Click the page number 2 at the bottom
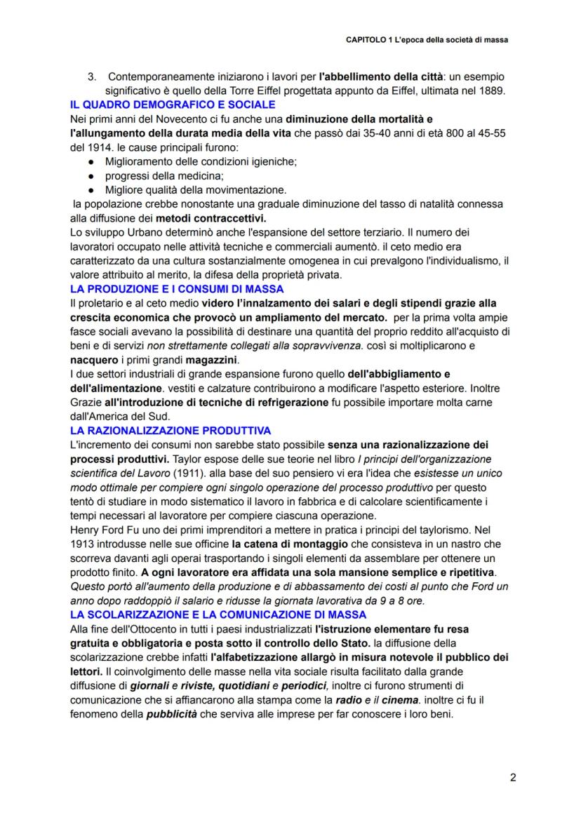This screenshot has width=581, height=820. click(513, 777)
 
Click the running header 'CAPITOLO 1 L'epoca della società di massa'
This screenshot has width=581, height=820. click(427, 41)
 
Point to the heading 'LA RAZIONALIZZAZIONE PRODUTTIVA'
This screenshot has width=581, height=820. click(171, 430)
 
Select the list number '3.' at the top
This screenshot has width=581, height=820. click(91, 76)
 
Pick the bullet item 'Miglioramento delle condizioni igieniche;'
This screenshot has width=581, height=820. click(201, 161)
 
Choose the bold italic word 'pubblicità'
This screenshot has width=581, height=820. click(173, 715)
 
